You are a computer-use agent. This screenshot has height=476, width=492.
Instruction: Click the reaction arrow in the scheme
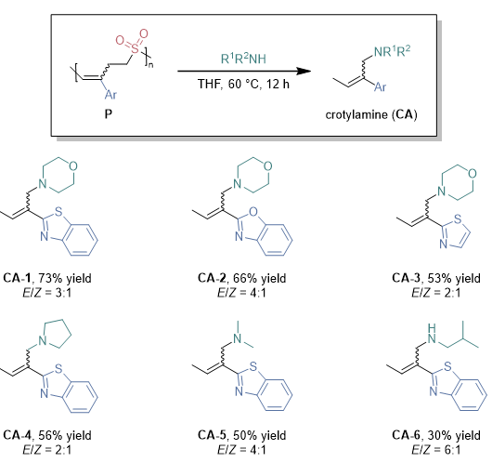point(244,71)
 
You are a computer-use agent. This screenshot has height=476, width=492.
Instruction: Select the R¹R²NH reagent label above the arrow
point(243,59)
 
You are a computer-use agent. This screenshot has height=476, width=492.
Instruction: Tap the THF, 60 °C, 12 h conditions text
point(243,85)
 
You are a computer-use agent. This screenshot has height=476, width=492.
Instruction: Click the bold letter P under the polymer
point(109,113)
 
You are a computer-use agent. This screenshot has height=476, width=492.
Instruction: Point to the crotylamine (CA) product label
point(371,114)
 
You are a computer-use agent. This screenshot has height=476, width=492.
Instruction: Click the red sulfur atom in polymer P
point(135,48)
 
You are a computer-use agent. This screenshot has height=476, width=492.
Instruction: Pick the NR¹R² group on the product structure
point(392,51)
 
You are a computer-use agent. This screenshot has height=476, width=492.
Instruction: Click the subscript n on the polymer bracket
point(151,65)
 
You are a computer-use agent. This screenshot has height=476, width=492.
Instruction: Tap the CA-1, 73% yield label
point(47,278)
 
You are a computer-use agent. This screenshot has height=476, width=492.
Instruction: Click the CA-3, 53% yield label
point(436,278)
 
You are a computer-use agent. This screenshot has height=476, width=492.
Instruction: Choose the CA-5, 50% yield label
point(242,435)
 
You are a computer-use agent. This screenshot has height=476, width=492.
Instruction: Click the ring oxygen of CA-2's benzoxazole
point(252,212)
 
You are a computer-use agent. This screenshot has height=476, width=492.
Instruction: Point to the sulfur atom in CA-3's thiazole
point(458,218)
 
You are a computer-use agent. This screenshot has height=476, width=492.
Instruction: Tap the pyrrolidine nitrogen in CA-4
point(43,340)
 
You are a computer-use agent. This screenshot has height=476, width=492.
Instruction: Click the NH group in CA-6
point(432,334)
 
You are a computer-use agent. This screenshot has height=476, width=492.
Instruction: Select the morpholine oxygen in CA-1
point(73,166)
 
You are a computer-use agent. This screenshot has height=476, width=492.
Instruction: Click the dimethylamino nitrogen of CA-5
point(238,338)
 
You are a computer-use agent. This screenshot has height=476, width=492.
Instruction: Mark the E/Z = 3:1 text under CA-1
point(47,293)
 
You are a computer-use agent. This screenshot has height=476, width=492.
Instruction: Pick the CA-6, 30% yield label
point(436,435)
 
